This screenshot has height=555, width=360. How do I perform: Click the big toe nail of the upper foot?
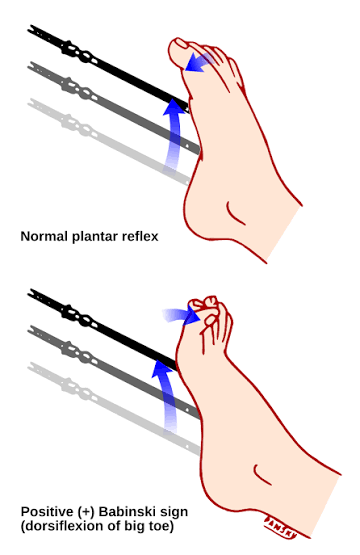click(181, 43)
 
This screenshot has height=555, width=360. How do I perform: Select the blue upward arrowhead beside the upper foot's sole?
click(174, 107)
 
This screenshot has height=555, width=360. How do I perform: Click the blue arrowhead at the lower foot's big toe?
click(192, 316)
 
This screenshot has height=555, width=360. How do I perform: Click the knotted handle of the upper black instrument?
click(79, 52)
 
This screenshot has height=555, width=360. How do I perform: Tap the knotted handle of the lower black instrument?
click(79, 317)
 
